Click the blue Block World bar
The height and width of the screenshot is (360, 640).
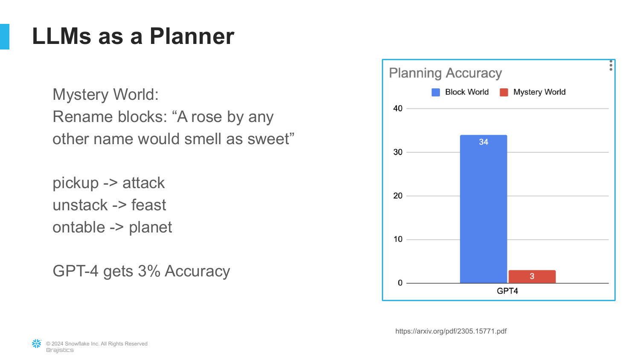(x=483, y=209)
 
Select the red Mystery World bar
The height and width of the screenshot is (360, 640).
(x=532, y=276)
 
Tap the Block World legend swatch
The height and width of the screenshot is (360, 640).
(x=436, y=92)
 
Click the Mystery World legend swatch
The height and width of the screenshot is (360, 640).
(x=504, y=92)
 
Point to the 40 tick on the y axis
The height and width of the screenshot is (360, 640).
(x=398, y=109)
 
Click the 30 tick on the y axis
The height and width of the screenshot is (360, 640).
(x=398, y=152)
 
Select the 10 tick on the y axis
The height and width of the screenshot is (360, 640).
(x=398, y=239)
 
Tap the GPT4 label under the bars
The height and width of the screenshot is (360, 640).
(x=507, y=291)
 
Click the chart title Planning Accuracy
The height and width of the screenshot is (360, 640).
(x=445, y=73)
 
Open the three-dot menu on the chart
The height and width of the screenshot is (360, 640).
(x=611, y=65)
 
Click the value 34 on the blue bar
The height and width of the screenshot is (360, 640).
(x=483, y=142)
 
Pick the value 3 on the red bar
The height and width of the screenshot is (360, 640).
(x=532, y=276)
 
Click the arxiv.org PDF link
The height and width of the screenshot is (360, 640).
(x=451, y=331)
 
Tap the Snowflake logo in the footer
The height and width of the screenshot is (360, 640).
(x=37, y=344)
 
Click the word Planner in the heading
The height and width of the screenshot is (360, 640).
(x=192, y=36)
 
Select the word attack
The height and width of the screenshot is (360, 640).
(x=143, y=183)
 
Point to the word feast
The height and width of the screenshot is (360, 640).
(x=148, y=205)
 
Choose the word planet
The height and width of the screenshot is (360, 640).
(x=150, y=228)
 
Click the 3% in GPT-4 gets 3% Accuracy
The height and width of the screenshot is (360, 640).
(x=149, y=271)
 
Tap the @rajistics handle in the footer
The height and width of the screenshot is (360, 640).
(x=60, y=350)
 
